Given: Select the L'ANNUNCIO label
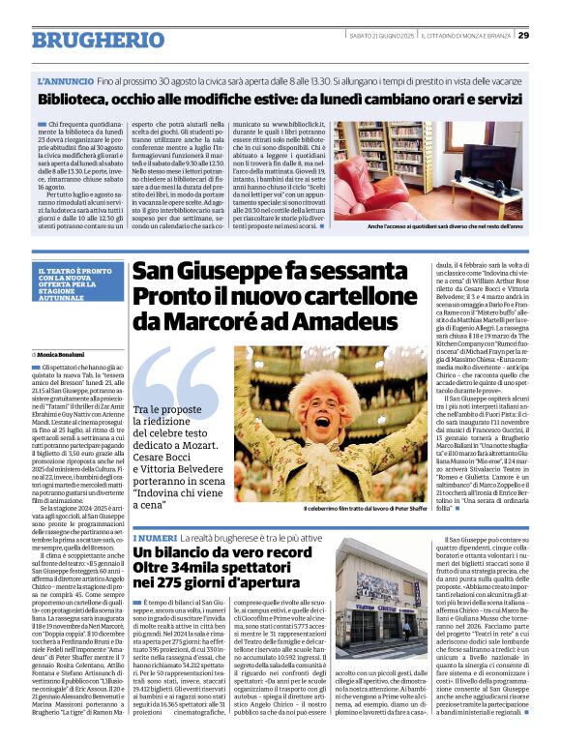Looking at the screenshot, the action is (x=63, y=83).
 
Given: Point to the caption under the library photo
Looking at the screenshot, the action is (x=445, y=225).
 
